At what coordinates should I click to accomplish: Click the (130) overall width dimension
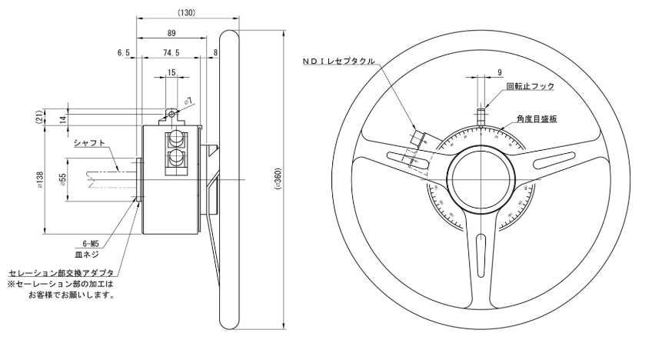(185, 13)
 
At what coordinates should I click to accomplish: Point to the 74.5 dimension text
(171, 54)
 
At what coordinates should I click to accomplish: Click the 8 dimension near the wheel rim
(215, 54)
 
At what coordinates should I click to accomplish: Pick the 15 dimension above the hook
(171, 73)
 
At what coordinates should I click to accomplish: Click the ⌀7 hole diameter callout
(188, 102)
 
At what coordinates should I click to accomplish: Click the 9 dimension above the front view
(500, 72)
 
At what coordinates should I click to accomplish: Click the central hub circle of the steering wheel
(479, 178)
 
